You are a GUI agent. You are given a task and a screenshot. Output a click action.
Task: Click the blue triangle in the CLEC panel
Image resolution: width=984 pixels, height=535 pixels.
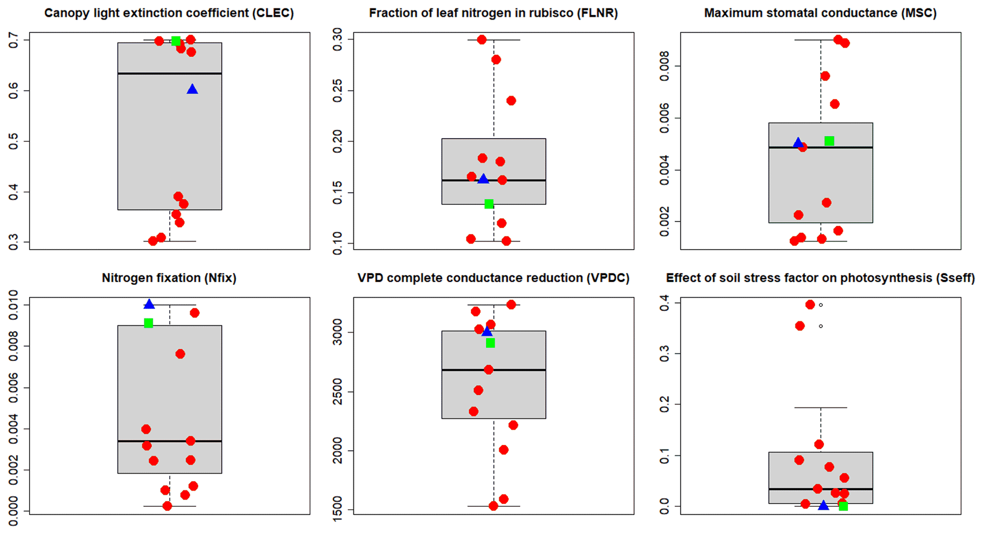coord(192,90)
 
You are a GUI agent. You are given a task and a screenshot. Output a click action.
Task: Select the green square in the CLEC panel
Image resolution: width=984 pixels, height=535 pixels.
coord(176,41)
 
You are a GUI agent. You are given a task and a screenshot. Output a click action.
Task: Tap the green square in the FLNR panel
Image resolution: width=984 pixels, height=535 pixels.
coord(489,204)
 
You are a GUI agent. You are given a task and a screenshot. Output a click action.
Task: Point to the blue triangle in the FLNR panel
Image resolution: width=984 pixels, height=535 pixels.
coord(483,179)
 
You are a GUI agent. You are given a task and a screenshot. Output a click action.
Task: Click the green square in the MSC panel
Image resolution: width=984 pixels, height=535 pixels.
coord(829,141)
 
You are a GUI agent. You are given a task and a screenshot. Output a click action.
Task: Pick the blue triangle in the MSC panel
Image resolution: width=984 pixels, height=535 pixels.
coord(798,142)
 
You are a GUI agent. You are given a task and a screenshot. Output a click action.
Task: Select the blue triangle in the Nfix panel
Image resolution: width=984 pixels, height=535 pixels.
coord(149,304)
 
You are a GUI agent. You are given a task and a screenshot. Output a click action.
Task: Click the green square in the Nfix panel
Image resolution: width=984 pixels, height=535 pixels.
coord(149,323)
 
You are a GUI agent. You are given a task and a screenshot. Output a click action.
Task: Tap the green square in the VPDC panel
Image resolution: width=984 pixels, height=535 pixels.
coord(490,343)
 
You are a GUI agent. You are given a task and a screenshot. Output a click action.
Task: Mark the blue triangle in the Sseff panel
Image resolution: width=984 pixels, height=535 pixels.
coord(824,505)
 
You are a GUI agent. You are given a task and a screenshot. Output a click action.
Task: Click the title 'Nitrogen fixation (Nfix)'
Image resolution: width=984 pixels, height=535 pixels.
coord(169,278)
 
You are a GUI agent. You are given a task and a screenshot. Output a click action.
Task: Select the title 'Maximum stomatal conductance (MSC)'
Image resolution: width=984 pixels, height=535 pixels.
coord(820,13)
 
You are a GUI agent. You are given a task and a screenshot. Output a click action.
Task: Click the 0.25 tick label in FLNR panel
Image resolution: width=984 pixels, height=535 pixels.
coord(338,91)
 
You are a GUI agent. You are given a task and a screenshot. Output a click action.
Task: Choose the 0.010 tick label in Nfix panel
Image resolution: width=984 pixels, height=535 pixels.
coord(14,305)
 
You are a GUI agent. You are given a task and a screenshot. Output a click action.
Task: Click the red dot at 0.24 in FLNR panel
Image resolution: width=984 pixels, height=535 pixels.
coord(511,101)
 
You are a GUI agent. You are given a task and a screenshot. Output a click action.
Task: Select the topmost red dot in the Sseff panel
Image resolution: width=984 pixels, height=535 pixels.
coord(810,304)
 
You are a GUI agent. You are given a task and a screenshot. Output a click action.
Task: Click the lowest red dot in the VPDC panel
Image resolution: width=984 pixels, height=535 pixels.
coord(493,506)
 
